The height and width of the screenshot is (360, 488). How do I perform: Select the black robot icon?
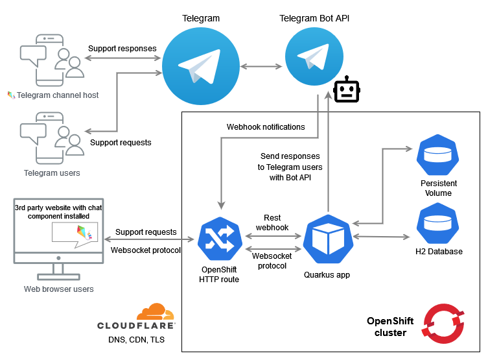click(346, 91)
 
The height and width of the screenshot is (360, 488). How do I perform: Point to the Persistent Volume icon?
click(436, 154)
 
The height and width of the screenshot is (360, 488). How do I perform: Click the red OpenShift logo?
click(442, 322)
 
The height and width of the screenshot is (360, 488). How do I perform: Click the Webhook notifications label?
click(266, 126)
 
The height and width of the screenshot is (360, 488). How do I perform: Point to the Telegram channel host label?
click(57, 95)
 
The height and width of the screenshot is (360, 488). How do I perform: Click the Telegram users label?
click(52, 173)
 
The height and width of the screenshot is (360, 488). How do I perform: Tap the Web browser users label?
click(58, 289)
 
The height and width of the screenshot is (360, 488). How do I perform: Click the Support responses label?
click(122, 48)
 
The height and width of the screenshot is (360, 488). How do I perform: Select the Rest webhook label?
click(272, 222)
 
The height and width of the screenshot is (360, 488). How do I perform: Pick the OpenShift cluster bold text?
click(387, 327)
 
